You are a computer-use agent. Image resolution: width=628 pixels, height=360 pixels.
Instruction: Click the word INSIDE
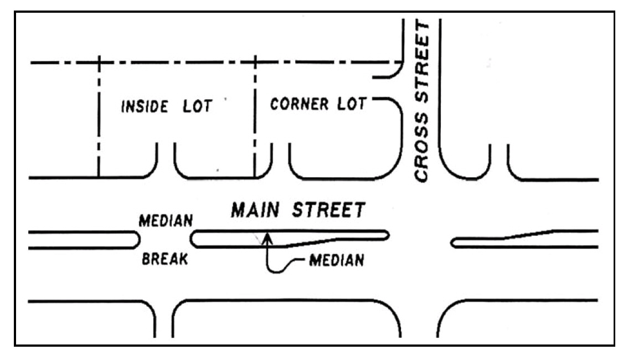pos(145,106)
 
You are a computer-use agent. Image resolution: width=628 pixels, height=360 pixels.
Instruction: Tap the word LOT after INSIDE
pos(195,106)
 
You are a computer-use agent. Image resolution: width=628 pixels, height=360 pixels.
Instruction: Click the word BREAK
pos(164,259)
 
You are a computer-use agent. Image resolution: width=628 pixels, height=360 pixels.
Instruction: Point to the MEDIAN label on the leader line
pos(336,260)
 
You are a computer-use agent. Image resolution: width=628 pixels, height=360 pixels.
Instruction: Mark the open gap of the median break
pos(165,240)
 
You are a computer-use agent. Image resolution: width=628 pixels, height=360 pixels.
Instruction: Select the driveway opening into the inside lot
pos(166,161)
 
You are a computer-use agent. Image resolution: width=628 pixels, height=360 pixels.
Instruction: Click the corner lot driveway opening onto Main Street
pos(280,161)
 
